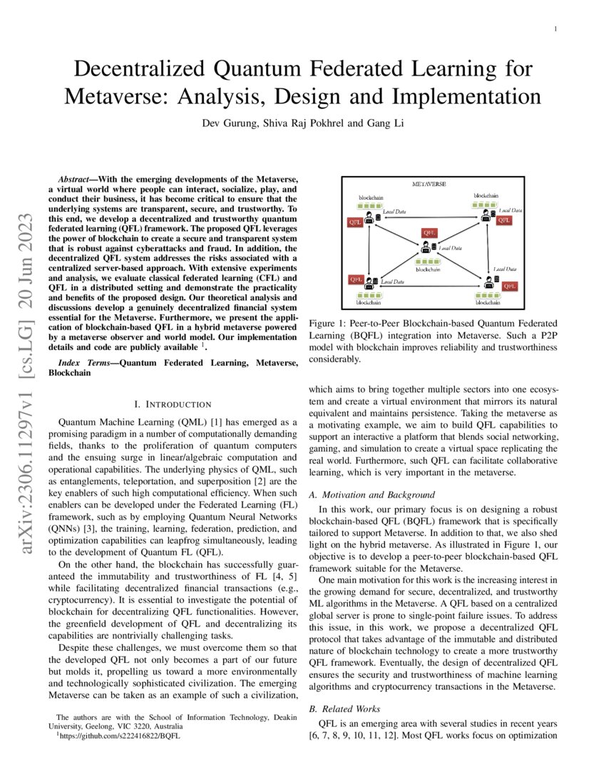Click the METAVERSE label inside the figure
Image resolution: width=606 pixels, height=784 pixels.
[x=428, y=184]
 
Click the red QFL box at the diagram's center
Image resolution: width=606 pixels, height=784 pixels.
[x=429, y=233]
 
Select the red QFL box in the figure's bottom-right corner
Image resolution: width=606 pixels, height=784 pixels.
[x=510, y=286]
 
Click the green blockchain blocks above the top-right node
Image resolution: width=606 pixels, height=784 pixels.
[x=486, y=205]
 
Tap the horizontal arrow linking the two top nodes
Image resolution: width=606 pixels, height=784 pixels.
[x=426, y=218]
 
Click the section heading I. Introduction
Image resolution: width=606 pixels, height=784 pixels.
[x=173, y=404]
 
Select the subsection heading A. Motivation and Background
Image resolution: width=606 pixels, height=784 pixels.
[x=371, y=495]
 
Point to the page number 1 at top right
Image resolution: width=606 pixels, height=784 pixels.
[x=555, y=28]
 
